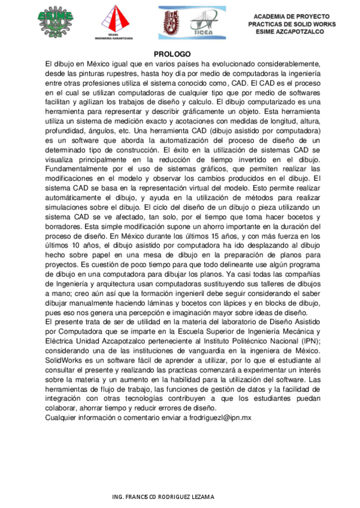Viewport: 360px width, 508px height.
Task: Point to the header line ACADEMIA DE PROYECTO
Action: pyautogui.click(x=292, y=16)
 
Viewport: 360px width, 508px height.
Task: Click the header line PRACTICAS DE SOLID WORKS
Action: pyautogui.click(x=292, y=24)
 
